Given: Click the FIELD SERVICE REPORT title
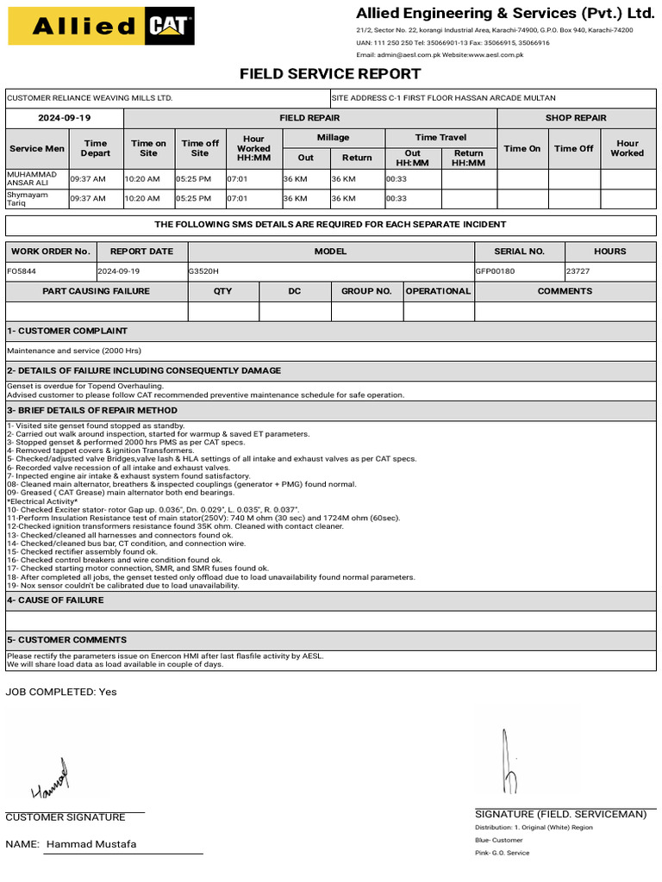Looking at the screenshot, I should click(330, 74).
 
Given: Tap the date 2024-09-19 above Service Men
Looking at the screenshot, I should click(65, 118).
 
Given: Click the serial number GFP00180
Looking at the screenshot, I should click(495, 270).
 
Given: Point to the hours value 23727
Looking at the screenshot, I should click(578, 270).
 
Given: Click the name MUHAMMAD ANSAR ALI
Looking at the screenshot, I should click(32, 178).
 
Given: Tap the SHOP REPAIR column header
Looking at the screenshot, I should click(576, 118).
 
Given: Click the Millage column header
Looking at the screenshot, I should click(333, 138).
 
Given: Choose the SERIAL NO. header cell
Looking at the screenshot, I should click(519, 252).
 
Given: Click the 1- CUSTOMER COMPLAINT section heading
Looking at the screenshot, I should click(67, 331).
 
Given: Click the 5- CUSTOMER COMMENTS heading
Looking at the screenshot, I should click(66, 640).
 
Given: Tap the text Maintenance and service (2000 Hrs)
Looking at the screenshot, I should click(73, 351).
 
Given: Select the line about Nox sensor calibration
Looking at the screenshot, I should click(123, 586).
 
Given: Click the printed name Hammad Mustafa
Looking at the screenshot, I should click(91, 844).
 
